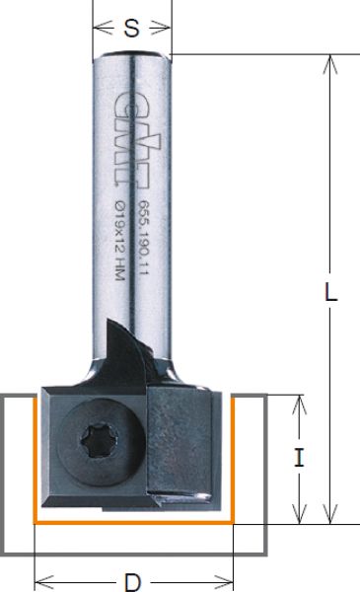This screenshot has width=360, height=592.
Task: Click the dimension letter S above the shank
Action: (x=131, y=29)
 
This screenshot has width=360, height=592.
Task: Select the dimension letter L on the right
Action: (x=330, y=292)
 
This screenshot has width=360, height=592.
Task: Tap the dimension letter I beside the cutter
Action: (x=299, y=458)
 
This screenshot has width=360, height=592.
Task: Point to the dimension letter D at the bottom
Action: (x=132, y=582)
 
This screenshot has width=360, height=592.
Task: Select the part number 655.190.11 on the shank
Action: (x=143, y=238)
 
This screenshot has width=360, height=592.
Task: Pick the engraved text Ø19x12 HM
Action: (x=119, y=241)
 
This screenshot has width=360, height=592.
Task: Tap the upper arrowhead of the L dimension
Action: (x=330, y=64)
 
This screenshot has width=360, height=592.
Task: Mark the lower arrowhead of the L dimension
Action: (x=330, y=514)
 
